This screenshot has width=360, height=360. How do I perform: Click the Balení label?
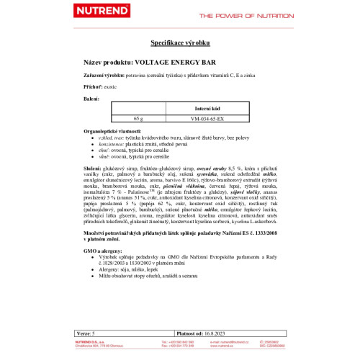tap(91, 98)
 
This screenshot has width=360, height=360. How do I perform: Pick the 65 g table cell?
tap(139, 117)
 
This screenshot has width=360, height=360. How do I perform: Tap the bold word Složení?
tap(95, 167)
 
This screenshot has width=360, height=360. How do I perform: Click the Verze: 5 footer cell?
tap(85, 334)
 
